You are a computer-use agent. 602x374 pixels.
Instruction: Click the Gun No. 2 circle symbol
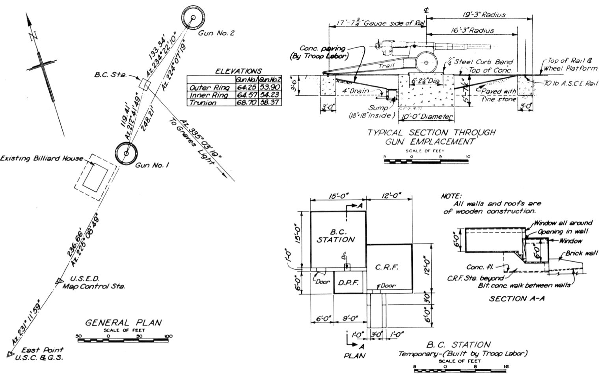193,18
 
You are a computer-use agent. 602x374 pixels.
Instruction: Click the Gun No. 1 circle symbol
126,154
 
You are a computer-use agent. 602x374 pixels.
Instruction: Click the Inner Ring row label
209,95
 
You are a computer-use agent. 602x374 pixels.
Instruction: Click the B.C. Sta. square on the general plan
145,84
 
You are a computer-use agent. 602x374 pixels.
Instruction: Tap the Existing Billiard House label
41,158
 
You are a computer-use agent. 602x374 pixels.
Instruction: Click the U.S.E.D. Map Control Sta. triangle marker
59,281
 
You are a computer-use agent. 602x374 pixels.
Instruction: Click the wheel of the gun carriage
427,62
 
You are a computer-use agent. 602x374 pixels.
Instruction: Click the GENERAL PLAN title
123,322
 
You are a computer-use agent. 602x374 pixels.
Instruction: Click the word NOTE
451,196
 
